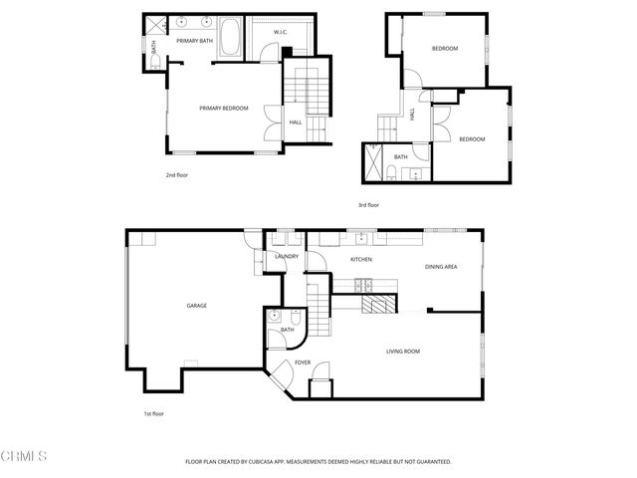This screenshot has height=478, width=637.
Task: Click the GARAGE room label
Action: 196,305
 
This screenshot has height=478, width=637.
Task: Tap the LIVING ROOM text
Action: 403,351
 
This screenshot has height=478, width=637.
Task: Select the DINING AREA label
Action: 441,266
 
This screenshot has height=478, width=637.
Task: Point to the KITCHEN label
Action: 361,260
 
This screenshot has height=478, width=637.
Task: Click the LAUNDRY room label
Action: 286,256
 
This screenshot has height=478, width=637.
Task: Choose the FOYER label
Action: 303,362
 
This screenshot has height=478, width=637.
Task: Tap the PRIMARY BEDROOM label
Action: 224,108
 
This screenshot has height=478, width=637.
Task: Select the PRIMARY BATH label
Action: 195,41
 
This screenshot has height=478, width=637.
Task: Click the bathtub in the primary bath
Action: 230,38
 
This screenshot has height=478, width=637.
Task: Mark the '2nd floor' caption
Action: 177,174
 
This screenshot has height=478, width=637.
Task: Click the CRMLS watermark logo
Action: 24,456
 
